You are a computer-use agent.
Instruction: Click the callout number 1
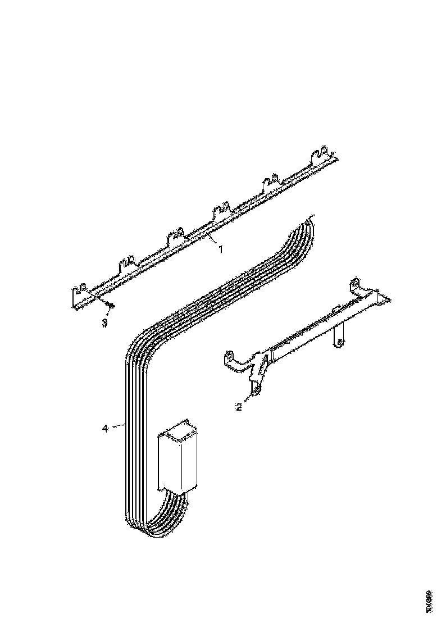click(220, 249)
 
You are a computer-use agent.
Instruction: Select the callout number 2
click(239, 407)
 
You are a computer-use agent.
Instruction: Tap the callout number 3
click(104, 322)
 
